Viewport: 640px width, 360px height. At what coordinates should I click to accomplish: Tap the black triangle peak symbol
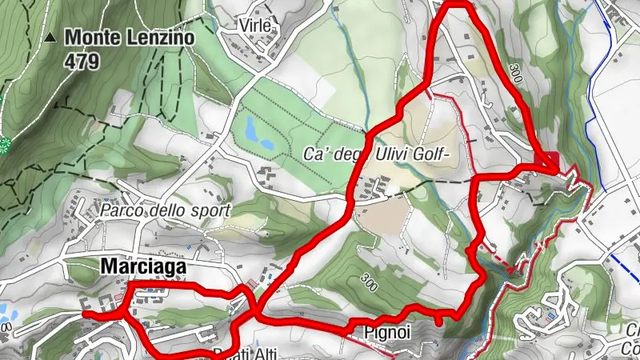pos(51,37)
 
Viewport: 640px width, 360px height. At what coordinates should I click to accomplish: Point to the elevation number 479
pos(82,59)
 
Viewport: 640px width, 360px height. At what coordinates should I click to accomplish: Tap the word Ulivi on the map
pos(384,153)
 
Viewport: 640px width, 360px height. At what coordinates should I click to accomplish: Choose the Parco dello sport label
pos(166,211)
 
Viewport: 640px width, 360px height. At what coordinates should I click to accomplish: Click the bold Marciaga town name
pos(144,266)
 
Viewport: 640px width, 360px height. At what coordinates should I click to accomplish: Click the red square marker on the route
pos(554,160)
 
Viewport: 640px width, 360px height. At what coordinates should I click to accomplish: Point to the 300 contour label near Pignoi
pos(370,282)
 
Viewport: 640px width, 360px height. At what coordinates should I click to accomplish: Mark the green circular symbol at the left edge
pos(5,144)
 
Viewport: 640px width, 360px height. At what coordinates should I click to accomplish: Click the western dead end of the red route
pos(85,314)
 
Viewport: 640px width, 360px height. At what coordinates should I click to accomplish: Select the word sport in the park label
pos(212,211)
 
